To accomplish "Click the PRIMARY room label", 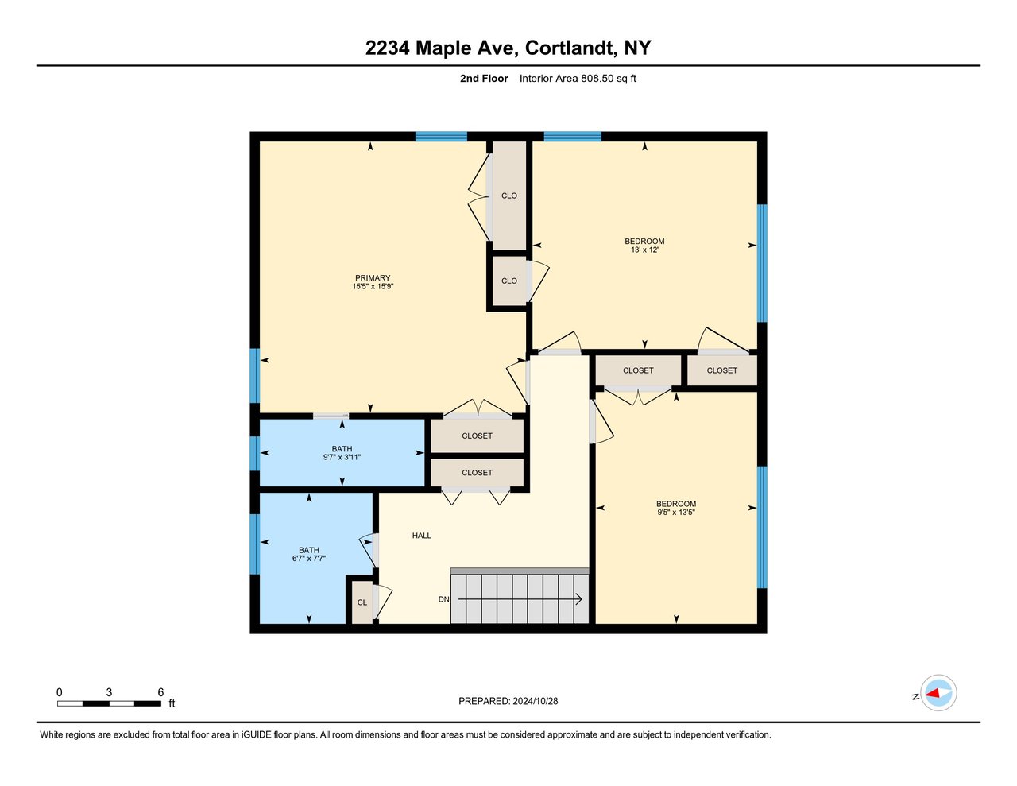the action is point(373,277).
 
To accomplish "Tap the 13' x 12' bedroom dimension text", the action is point(644,250).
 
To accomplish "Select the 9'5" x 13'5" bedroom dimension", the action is point(676,512).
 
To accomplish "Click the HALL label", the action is point(422,536).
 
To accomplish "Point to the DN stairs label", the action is point(443,599).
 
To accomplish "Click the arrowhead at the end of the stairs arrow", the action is point(579,599).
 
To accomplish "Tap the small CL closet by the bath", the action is point(362,602).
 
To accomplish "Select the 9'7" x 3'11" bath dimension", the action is point(342,457).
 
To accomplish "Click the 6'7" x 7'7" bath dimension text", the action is point(309,559).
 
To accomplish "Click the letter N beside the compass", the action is point(916,697).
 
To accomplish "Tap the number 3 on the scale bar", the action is point(109,692).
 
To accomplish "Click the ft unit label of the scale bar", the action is point(172,703).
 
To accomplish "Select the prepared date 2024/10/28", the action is point(535,701).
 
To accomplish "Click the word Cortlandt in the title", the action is point(569,48).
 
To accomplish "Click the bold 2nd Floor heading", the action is point(484,79).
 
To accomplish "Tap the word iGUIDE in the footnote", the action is point(257,735).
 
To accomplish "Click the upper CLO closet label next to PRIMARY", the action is point(509,196).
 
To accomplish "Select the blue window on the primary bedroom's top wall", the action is point(441,137).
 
